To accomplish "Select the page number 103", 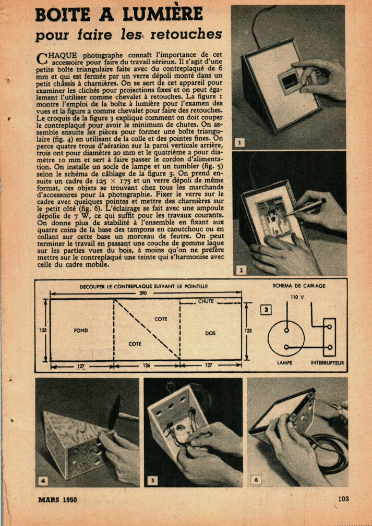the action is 343,498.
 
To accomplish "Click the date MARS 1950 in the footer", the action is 57,499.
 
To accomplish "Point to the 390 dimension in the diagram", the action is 146,293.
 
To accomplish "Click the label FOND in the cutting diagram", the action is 80,331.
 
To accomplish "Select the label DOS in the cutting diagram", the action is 211,333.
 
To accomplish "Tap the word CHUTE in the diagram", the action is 206,301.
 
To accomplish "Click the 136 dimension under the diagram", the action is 147,365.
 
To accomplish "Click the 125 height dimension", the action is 248,331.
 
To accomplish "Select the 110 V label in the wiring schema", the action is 297,297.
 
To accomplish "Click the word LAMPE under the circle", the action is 284,363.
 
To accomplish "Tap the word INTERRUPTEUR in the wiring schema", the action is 327,363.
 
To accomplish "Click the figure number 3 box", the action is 266,310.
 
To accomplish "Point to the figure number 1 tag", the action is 239,143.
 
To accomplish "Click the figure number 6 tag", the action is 256,480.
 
